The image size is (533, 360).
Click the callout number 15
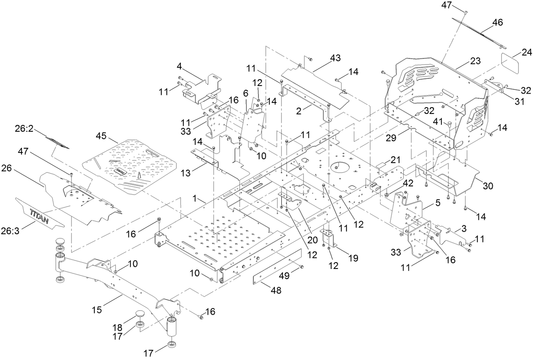(97, 310)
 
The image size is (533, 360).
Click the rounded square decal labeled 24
(514, 64)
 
